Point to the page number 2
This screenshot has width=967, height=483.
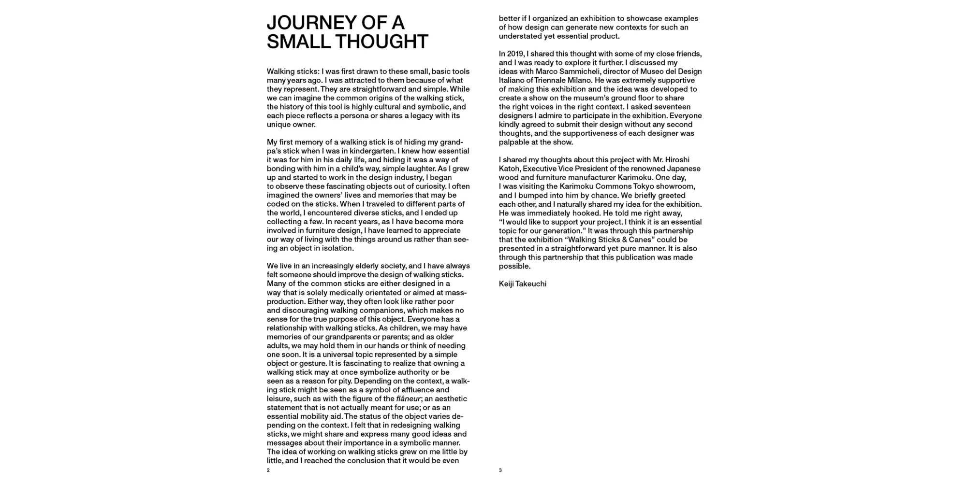click(x=268, y=470)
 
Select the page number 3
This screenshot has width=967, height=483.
click(x=500, y=470)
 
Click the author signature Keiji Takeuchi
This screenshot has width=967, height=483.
click(x=523, y=284)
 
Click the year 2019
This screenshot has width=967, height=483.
click(x=516, y=54)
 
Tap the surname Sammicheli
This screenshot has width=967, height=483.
click(x=580, y=71)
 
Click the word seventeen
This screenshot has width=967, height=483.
click(x=659, y=107)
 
